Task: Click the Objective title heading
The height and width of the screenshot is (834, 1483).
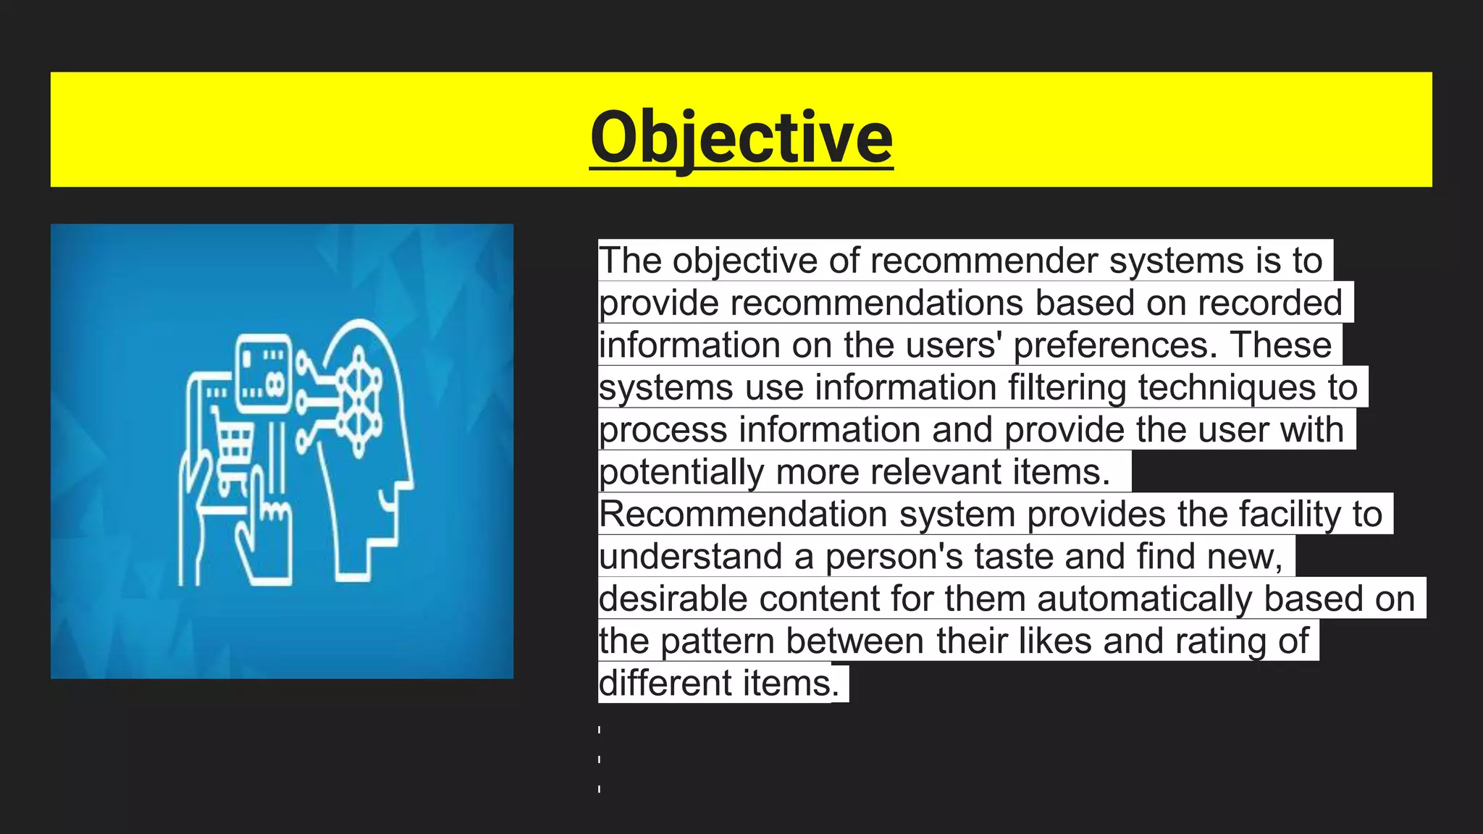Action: point(741,138)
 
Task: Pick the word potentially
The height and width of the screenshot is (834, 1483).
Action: point(681,473)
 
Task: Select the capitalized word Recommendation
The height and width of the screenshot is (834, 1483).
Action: point(743,515)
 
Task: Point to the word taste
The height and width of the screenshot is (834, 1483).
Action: point(1013,557)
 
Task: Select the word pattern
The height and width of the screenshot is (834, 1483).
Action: point(717,641)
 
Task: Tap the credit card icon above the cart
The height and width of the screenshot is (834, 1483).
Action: point(264,373)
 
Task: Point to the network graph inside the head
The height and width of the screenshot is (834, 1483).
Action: point(359,401)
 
